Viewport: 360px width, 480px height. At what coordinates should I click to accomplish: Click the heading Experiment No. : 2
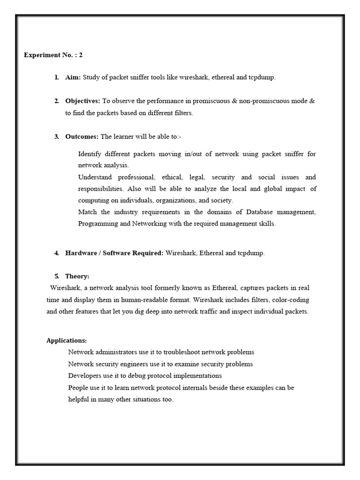click(53, 55)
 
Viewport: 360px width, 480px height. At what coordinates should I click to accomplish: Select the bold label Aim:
click(73, 77)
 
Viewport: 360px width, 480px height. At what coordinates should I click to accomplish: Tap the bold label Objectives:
click(82, 101)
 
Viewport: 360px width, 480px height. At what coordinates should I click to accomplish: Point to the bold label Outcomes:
click(82, 136)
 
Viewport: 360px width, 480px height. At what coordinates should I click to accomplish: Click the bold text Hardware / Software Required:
click(114, 253)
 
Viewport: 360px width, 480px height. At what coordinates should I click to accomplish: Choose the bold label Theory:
click(77, 276)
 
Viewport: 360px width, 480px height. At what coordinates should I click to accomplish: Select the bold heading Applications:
click(67, 340)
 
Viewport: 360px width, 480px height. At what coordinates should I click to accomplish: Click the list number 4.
click(56, 253)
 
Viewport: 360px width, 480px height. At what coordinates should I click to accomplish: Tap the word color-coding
click(291, 300)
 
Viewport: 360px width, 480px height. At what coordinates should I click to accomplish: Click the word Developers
click(84, 375)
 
